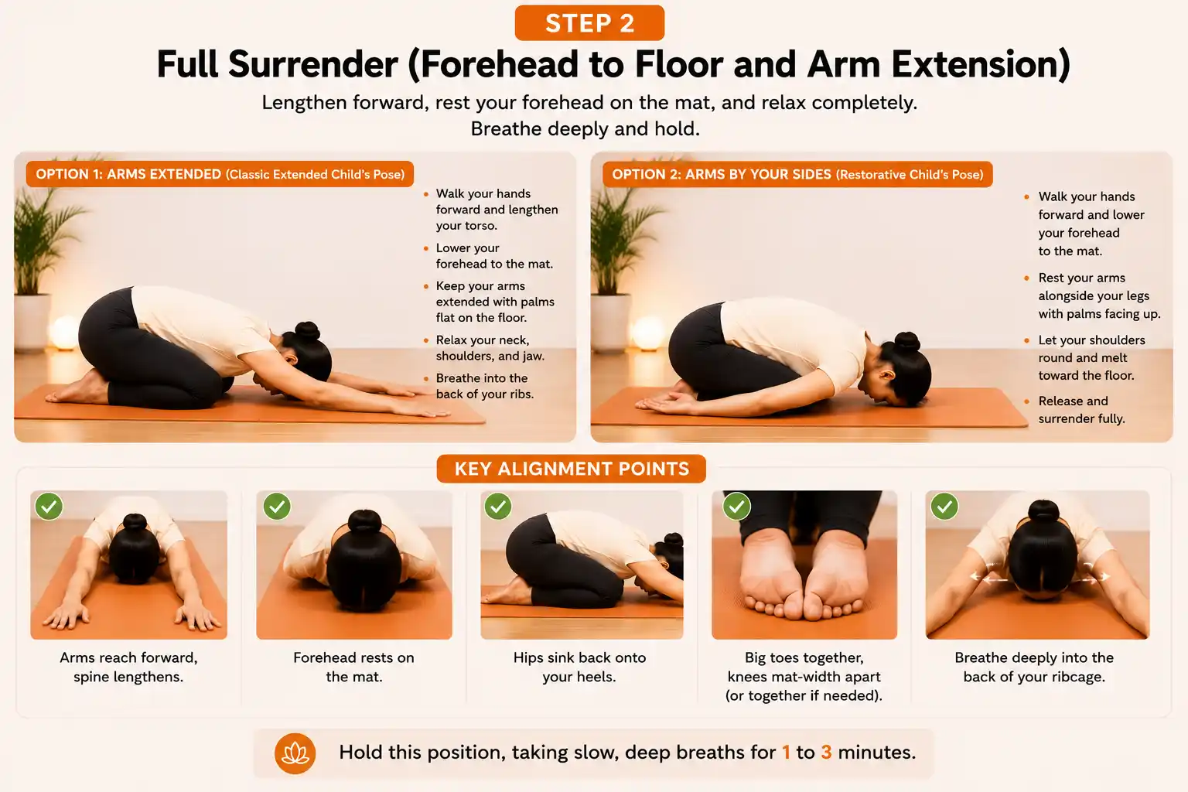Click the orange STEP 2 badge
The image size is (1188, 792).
click(589, 22)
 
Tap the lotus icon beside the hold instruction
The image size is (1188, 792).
click(295, 753)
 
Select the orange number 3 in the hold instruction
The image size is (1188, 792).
click(826, 753)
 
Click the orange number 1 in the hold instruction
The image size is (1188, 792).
click(786, 753)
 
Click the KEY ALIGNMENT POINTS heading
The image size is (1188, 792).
click(572, 469)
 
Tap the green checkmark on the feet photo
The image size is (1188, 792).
click(736, 506)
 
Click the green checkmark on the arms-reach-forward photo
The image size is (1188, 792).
click(49, 506)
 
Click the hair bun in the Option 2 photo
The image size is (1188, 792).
click(907, 342)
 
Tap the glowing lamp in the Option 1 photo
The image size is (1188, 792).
click(65, 333)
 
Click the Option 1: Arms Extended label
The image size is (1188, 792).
click(220, 174)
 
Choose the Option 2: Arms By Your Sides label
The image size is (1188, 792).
click(797, 174)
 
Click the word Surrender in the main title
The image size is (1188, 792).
click(313, 64)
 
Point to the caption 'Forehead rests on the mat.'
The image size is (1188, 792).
click(353, 667)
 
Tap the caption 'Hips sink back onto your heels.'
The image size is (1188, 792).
click(579, 667)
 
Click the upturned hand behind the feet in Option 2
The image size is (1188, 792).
click(663, 405)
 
